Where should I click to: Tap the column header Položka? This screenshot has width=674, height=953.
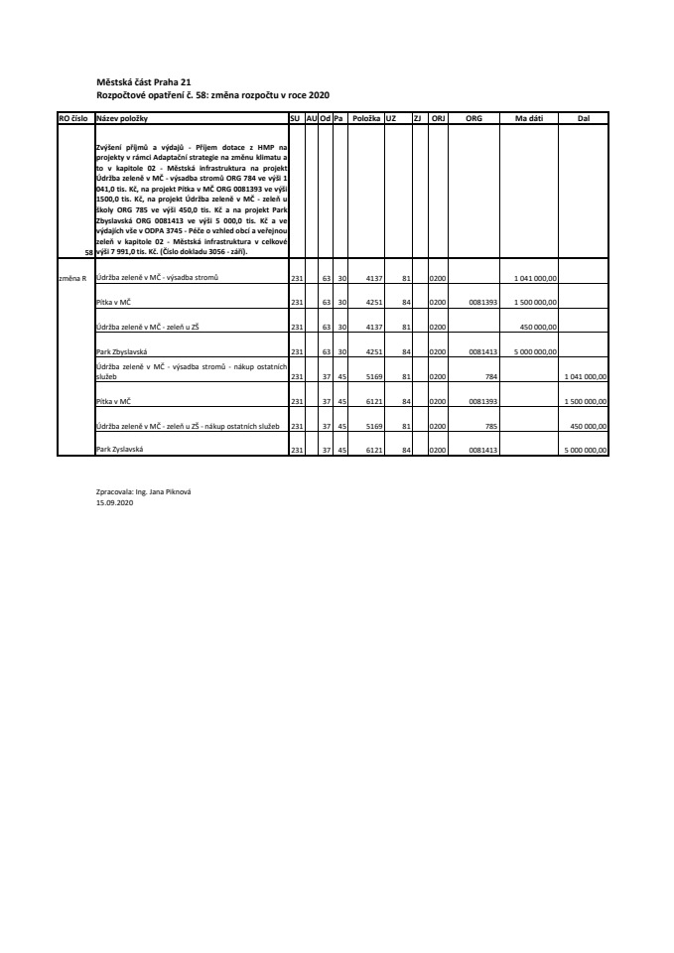tap(366, 118)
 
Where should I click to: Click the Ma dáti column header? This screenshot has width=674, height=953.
tap(527, 118)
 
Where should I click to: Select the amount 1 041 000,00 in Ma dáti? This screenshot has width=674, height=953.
tap(536, 278)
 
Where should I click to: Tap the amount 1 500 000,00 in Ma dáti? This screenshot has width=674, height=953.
tap(536, 302)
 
